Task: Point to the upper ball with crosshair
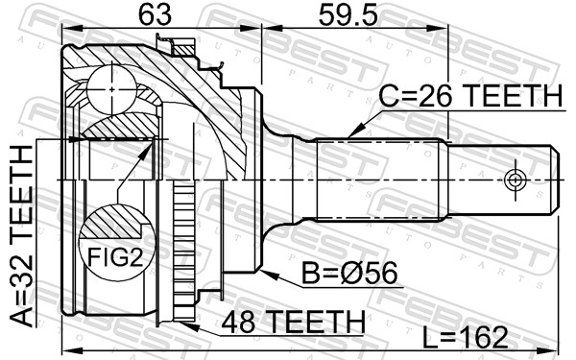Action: pyautogui.click(x=113, y=88)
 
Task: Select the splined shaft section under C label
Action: pyautogui.click(x=379, y=180)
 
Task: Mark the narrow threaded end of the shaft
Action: pyautogui.click(x=499, y=180)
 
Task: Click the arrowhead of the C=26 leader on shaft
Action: pyautogui.click(x=351, y=132)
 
